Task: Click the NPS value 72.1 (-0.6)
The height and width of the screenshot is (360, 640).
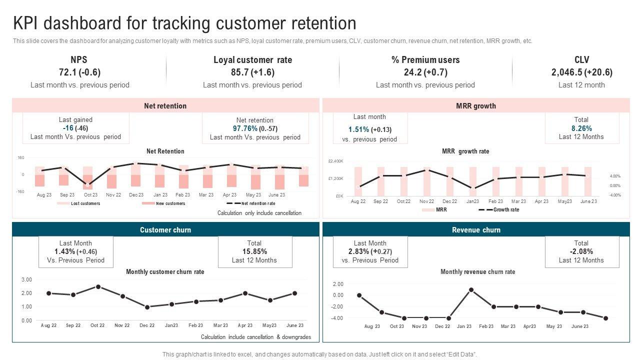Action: tap(79, 72)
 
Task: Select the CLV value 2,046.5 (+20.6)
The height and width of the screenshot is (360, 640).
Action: tap(581, 72)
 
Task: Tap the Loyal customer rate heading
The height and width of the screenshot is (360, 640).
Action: tap(252, 60)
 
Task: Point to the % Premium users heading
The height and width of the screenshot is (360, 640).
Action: tap(425, 60)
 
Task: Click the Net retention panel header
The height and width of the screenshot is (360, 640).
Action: tap(165, 106)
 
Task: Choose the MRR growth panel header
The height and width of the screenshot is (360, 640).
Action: tap(476, 106)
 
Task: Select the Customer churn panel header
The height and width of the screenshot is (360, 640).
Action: tap(165, 230)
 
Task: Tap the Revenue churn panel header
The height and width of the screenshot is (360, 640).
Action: tap(476, 230)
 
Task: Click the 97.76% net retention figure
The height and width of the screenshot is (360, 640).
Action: tap(245, 128)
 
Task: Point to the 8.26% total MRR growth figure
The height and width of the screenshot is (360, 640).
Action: tap(581, 128)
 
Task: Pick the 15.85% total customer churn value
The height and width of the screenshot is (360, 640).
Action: tap(254, 251)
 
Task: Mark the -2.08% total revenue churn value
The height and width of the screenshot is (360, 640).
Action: tap(581, 251)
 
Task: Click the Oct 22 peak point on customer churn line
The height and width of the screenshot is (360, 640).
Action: tap(98, 287)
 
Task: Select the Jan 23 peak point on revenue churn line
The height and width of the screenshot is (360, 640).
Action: tap(471, 289)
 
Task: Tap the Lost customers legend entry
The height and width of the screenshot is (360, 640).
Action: tap(85, 203)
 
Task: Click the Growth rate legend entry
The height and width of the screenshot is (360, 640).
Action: tap(506, 210)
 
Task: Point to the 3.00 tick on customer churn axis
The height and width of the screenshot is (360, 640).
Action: tap(27, 279)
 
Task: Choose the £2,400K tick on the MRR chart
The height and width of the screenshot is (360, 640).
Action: tap(335, 161)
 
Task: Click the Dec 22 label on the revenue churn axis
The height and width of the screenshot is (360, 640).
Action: tap(442, 326)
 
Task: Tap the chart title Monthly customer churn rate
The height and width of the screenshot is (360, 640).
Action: tap(165, 272)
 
